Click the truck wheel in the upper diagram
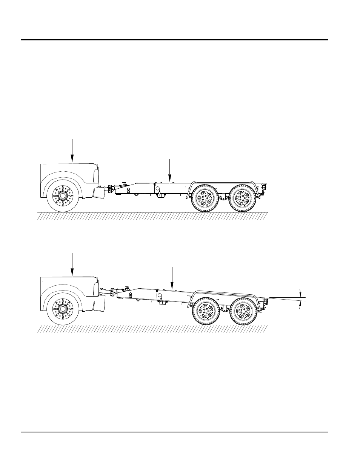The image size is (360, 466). (x=63, y=195)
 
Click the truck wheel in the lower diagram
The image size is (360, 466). (x=63, y=308)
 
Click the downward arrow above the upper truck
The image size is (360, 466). (x=72, y=151)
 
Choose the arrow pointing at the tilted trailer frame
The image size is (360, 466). (x=172, y=278)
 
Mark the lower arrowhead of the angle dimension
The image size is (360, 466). (x=300, y=306)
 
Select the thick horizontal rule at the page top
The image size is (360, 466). (x=175, y=40)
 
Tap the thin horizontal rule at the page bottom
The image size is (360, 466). (x=175, y=432)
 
